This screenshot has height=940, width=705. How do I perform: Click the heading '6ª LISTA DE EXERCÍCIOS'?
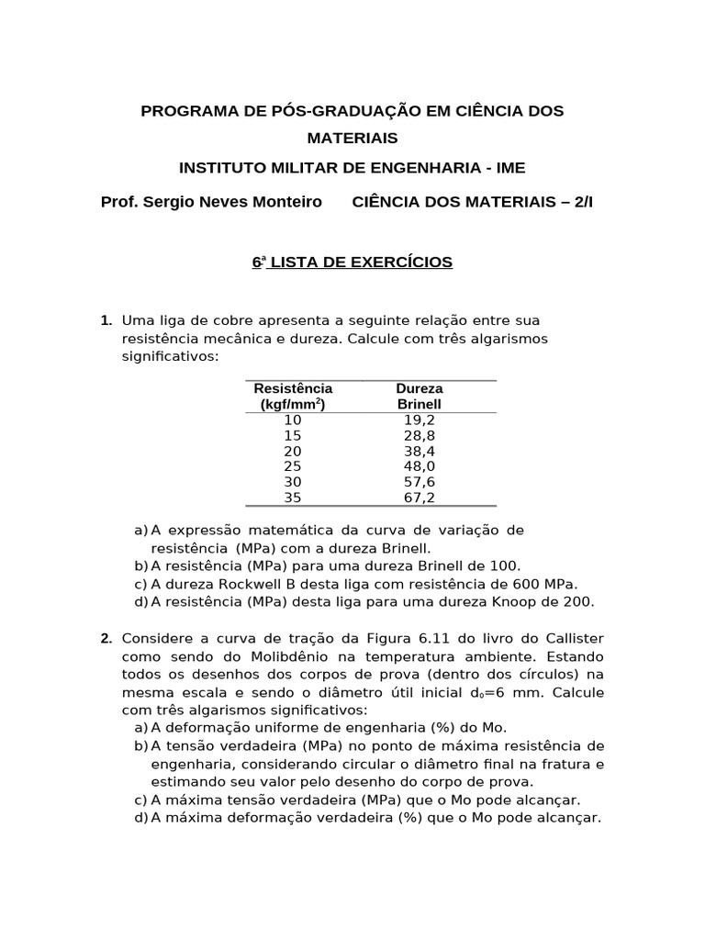click(x=352, y=263)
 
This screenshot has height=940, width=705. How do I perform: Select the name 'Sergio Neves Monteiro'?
click(x=230, y=201)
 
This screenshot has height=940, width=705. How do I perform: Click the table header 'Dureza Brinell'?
click(x=419, y=396)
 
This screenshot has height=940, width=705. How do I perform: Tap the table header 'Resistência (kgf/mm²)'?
click(x=293, y=396)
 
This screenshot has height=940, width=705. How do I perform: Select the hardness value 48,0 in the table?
click(x=419, y=465)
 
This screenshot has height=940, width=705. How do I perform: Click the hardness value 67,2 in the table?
click(x=419, y=498)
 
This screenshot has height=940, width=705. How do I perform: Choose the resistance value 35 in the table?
click(x=293, y=498)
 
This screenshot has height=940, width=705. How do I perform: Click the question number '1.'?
click(x=106, y=320)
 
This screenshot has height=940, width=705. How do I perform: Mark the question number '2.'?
click(x=106, y=638)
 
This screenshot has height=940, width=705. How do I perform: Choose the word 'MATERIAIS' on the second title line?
click(x=352, y=138)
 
